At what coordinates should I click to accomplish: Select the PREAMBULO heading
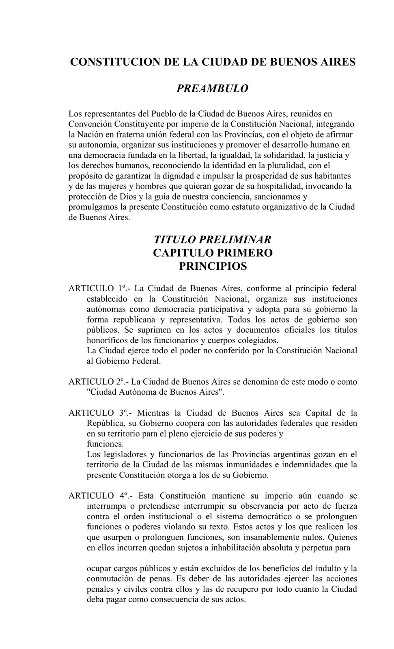pos(212,88)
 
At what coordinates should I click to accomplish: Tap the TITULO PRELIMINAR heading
pos(213,239)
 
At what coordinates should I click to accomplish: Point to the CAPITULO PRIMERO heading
pos(213,253)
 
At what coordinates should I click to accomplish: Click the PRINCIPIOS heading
pos(213,266)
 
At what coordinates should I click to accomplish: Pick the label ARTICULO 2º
pos(98,382)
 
